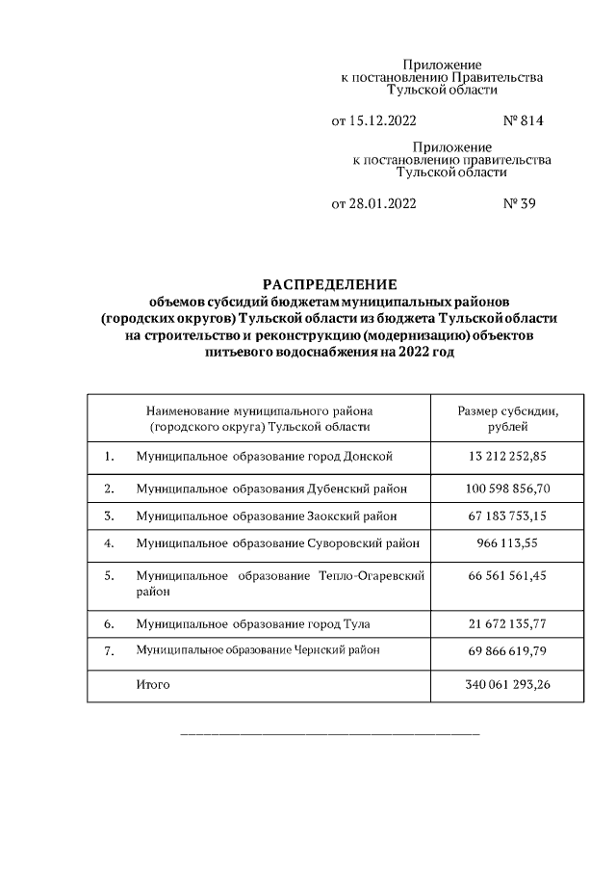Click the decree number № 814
[x=524, y=121]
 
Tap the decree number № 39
[x=519, y=204]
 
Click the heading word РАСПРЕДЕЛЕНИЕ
[x=330, y=284]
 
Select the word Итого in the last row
[x=153, y=685]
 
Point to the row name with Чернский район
[x=258, y=651]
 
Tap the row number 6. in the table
[x=109, y=624]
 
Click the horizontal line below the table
[x=330, y=735]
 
